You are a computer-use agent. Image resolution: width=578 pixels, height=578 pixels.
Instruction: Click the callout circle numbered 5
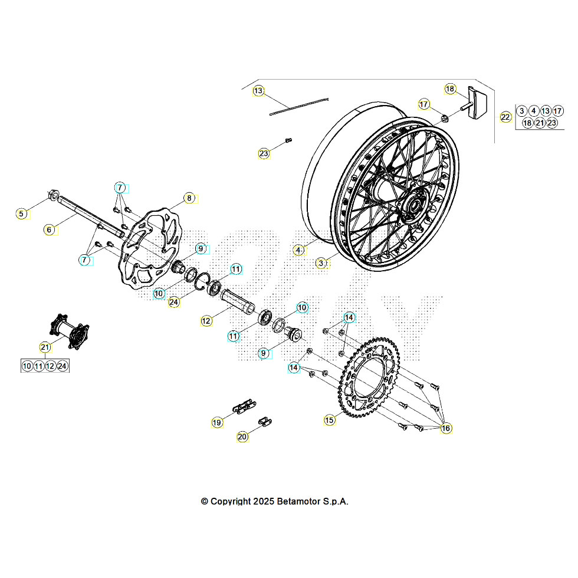[22, 214]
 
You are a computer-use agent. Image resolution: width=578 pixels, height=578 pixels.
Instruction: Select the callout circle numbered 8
[189, 198]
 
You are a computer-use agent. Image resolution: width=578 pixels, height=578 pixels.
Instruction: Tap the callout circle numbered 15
[329, 420]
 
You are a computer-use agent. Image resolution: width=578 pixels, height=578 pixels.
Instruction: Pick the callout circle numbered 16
[446, 428]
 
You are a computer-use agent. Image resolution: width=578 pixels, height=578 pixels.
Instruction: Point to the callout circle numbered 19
[218, 422]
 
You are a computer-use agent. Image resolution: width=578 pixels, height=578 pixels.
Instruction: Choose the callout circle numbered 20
[242, 437]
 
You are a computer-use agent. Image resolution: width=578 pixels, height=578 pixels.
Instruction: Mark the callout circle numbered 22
[505, 117]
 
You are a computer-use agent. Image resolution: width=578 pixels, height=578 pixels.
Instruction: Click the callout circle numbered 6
[50, 229]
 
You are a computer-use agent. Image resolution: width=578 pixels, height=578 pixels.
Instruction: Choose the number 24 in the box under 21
[63, 366]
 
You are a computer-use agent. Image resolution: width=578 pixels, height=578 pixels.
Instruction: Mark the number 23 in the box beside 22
[551, 123]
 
